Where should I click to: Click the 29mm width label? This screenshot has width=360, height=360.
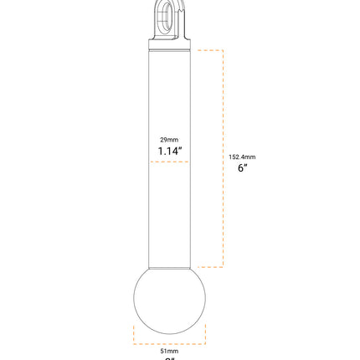point(169,140)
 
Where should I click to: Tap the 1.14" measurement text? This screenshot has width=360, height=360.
point(169,152)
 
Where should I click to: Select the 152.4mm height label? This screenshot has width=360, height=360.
point(242,157)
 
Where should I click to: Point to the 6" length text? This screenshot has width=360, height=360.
point(242,168)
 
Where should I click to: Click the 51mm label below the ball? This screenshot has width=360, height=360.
point(169,351)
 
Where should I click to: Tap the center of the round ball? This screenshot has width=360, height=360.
point(169,301)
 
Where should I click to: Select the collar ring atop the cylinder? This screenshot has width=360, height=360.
point(169,43)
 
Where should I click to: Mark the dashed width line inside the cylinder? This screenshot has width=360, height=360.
point(169,162)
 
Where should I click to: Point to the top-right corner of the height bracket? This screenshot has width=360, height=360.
point(223,50)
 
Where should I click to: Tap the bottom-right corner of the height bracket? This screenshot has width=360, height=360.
point(223,267)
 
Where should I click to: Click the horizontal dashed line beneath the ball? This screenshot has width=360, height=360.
point(169,343)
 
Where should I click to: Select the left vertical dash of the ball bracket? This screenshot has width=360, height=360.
point(134,333)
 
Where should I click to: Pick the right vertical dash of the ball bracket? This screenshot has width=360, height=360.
point(205,333)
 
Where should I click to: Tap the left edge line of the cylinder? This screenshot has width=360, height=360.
point(149,159)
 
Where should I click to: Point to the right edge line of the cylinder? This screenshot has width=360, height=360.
point(190,159)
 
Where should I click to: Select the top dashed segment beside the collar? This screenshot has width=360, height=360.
point(209,50)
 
